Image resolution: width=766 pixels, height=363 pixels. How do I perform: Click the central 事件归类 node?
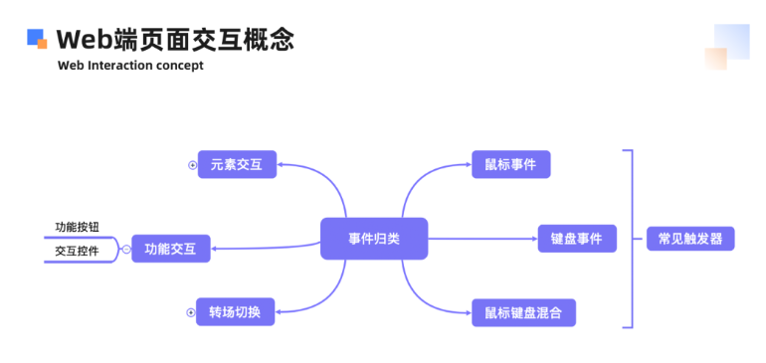pyautogui.click(x=374, y=239)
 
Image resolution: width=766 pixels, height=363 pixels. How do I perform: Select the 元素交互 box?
pyautogui.click(x=237, y=165)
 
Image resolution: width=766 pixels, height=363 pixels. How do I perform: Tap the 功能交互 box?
pyautogui.click(x=171, y=249)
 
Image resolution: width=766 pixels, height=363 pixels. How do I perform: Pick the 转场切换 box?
pyautogui.click(x=235, y=312)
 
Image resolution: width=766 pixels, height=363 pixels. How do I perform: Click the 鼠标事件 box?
pyautogui.click(x=510, y=165)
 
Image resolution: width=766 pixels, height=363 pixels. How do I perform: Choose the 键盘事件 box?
pyautogui.click(x=577, y=239)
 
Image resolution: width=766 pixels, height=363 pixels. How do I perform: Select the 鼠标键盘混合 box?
pyautogui.click(x=523, y=312)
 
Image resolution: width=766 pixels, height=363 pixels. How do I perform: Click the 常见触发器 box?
pyautogui.click(x=690, y=239)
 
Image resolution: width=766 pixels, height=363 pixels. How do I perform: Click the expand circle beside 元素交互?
pyautogui.click(x=192, y=165)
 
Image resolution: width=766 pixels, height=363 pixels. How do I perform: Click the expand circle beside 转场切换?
pyautogui.click(x=191, y=312)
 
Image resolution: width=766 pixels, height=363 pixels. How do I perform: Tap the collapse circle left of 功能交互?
pyautogui.click(x=126, y=249)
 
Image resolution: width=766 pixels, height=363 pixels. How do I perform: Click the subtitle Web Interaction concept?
pyautogui.click(x=130, y=66)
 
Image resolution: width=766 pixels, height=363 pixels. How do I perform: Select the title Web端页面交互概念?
pyautogui.click(x=175, y=39)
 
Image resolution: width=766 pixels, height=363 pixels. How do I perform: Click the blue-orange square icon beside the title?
pyautogui.click(x=37, y=39)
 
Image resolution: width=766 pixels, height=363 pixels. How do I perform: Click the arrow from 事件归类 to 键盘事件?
pyautogui.click(x=482, y=239)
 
